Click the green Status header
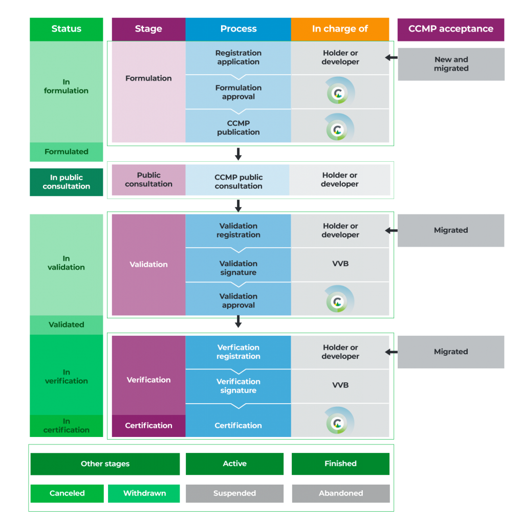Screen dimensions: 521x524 [x=66, y=29]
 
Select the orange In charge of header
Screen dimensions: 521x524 [x=340, y=29]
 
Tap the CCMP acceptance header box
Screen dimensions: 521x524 [x=450, y=29]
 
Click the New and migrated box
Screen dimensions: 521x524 [x=451, y=64]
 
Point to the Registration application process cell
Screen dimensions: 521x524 [x=238, y=57]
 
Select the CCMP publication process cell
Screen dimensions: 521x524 [x=238, y=126]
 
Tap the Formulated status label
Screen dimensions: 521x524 [x=66, y=151]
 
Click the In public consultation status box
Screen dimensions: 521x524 [x=66, y=182]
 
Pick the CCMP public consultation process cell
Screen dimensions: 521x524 [x=237, y=180]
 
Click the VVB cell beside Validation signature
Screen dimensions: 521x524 [x=340, y=265]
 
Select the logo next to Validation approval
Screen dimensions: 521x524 [x=339, y=299]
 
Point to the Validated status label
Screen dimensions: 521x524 [x=66, y=324]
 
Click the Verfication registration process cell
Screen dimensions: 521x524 [x=238, y=352]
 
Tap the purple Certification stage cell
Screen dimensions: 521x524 [x=148, y=426]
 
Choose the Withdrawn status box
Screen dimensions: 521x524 [x=144, y=493]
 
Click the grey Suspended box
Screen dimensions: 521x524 [x=234, y=493]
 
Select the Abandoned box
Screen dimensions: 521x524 [x=340, y=493]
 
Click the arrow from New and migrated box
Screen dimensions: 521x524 [x=392, y=58]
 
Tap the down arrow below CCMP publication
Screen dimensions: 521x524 [x=238, y=154]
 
